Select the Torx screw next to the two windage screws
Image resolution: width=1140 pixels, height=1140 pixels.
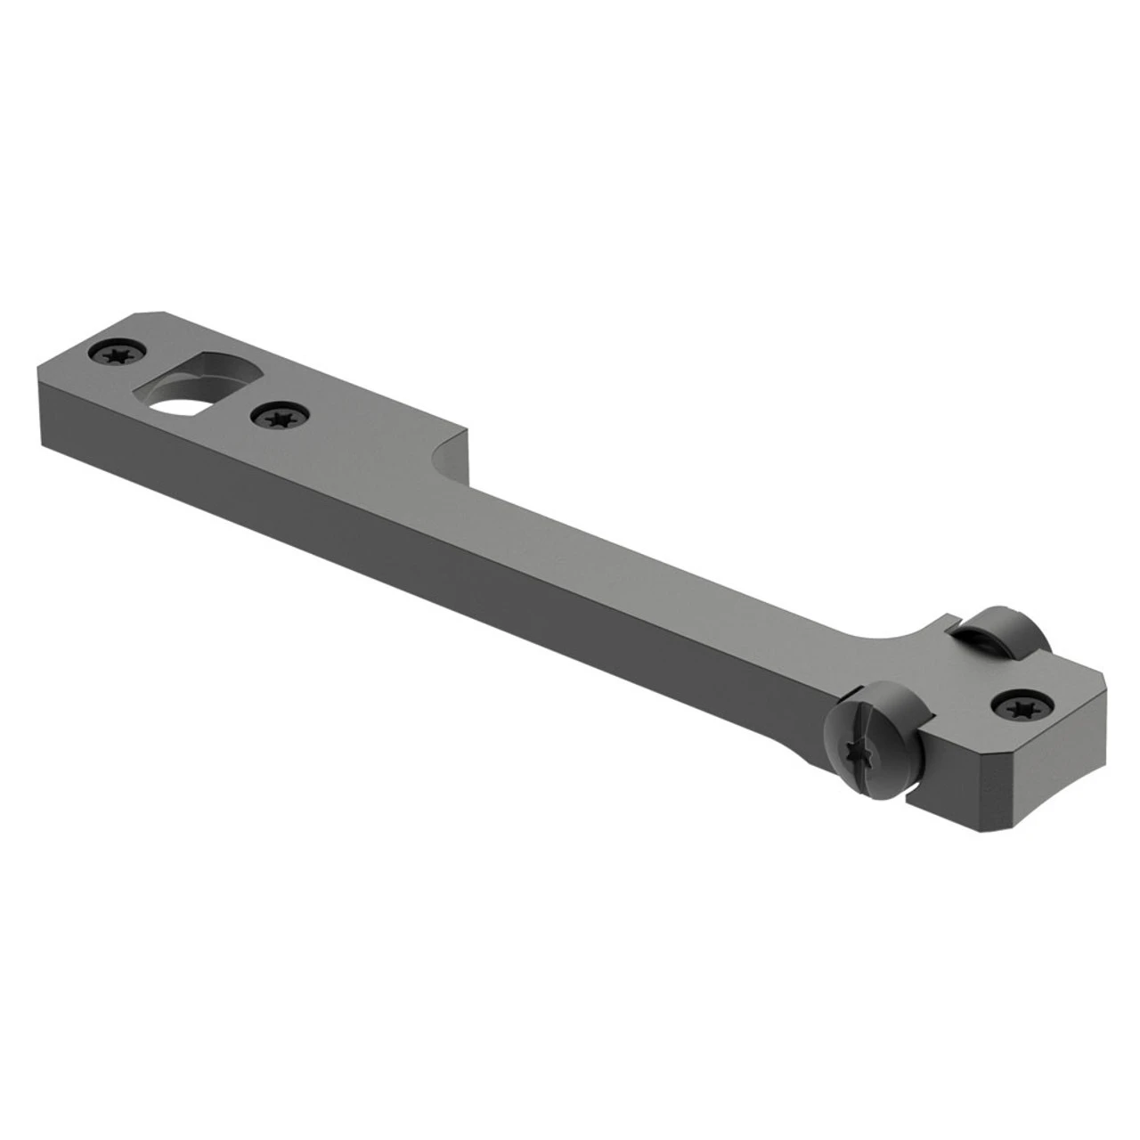click(x=1018, y=705)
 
